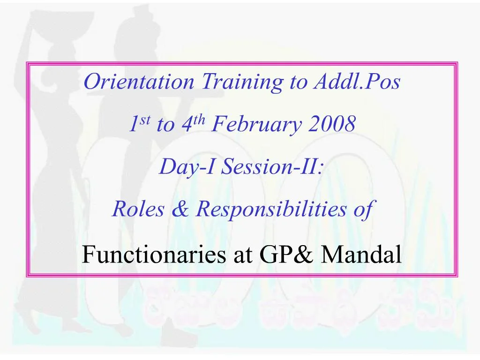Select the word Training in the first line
coord(242,82)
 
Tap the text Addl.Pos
coord(357,82)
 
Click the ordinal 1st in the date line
coord(139,124)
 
